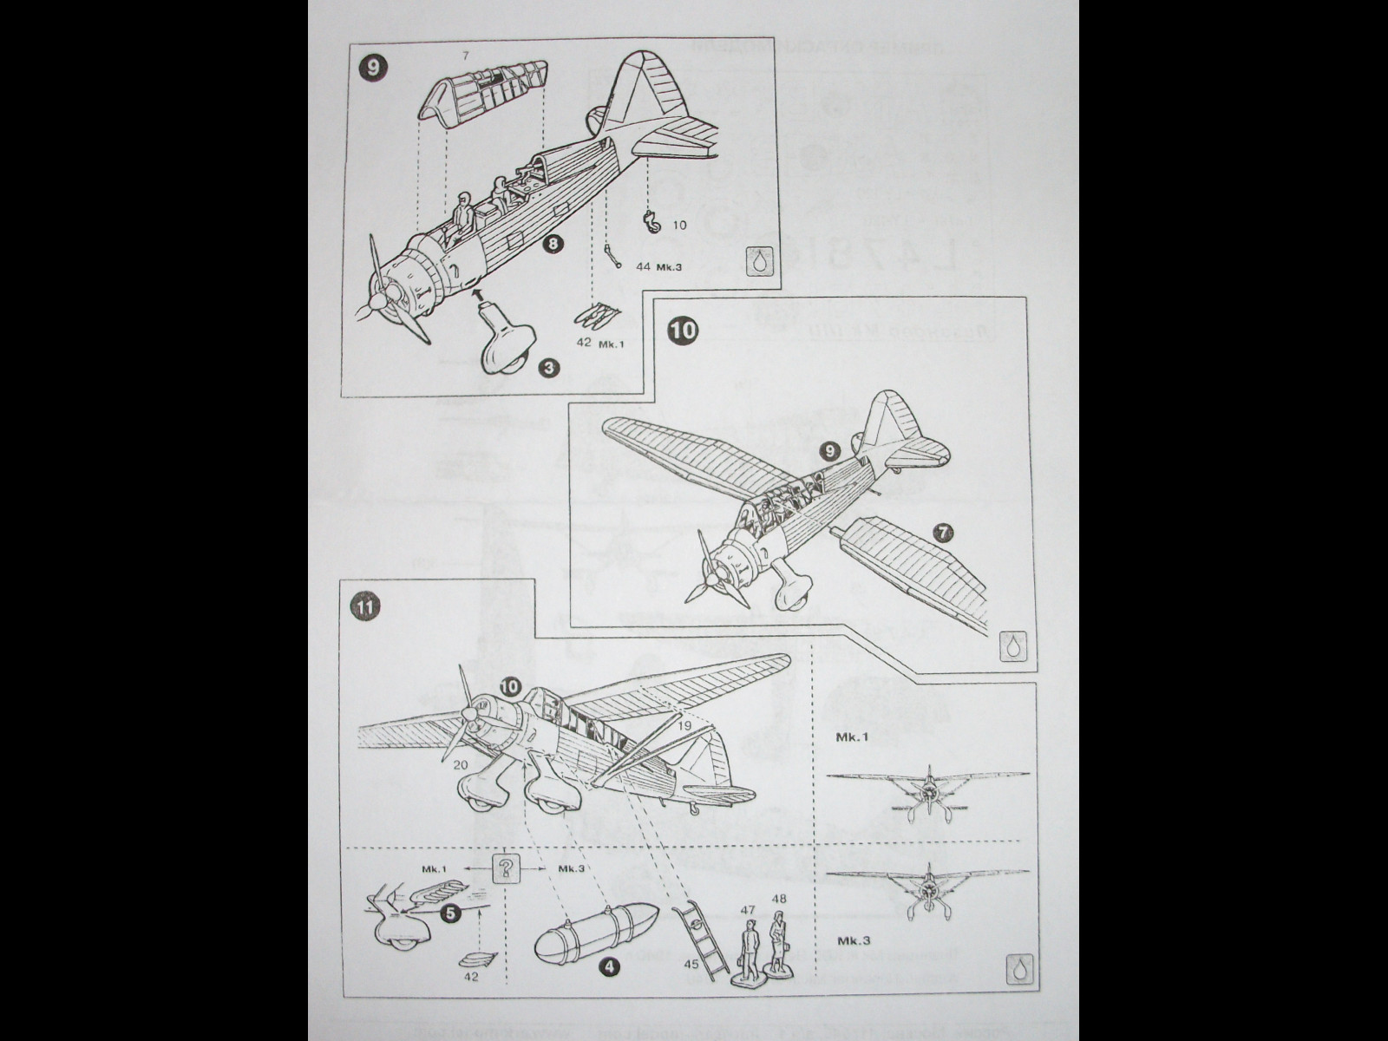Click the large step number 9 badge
(373, 68)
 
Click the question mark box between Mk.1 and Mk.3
(506, 867)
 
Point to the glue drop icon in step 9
(760, 261)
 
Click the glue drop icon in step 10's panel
(1012, 646)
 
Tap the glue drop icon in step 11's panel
(1018, 970)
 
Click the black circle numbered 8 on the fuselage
(552, 245)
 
